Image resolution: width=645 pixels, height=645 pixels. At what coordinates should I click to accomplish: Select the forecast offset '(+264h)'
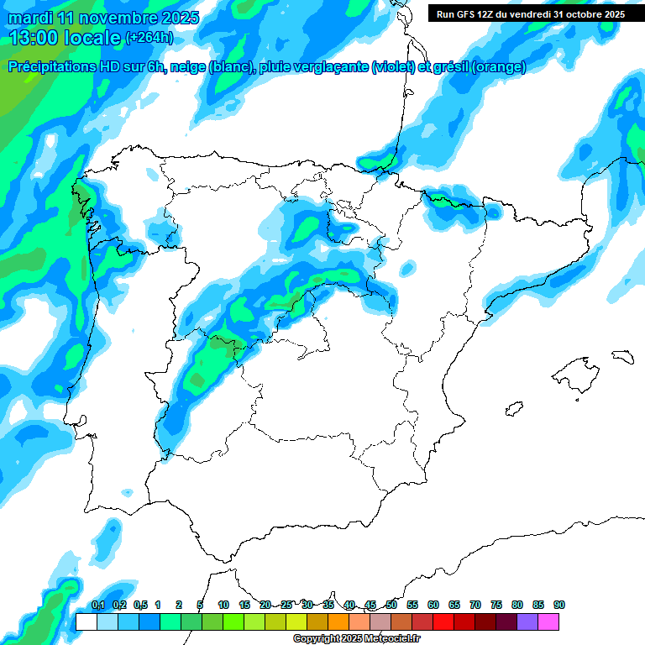149,38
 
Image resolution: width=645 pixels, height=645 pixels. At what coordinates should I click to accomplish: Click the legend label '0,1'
97,606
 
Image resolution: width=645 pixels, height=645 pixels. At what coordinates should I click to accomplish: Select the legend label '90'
559,606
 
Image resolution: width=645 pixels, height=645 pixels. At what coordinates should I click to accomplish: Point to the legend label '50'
391,606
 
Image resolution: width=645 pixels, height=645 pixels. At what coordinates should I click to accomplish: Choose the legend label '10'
223,606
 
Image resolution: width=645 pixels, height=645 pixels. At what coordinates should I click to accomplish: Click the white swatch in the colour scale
86,621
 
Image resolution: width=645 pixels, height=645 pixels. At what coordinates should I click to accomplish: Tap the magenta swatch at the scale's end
548,621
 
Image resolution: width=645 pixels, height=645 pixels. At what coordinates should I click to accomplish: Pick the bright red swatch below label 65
443,621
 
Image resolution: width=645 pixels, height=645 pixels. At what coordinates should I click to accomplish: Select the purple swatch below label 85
527,621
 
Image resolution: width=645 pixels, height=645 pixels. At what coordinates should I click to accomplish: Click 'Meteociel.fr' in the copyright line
385,639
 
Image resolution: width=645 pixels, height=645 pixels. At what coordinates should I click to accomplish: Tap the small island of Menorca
621,356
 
